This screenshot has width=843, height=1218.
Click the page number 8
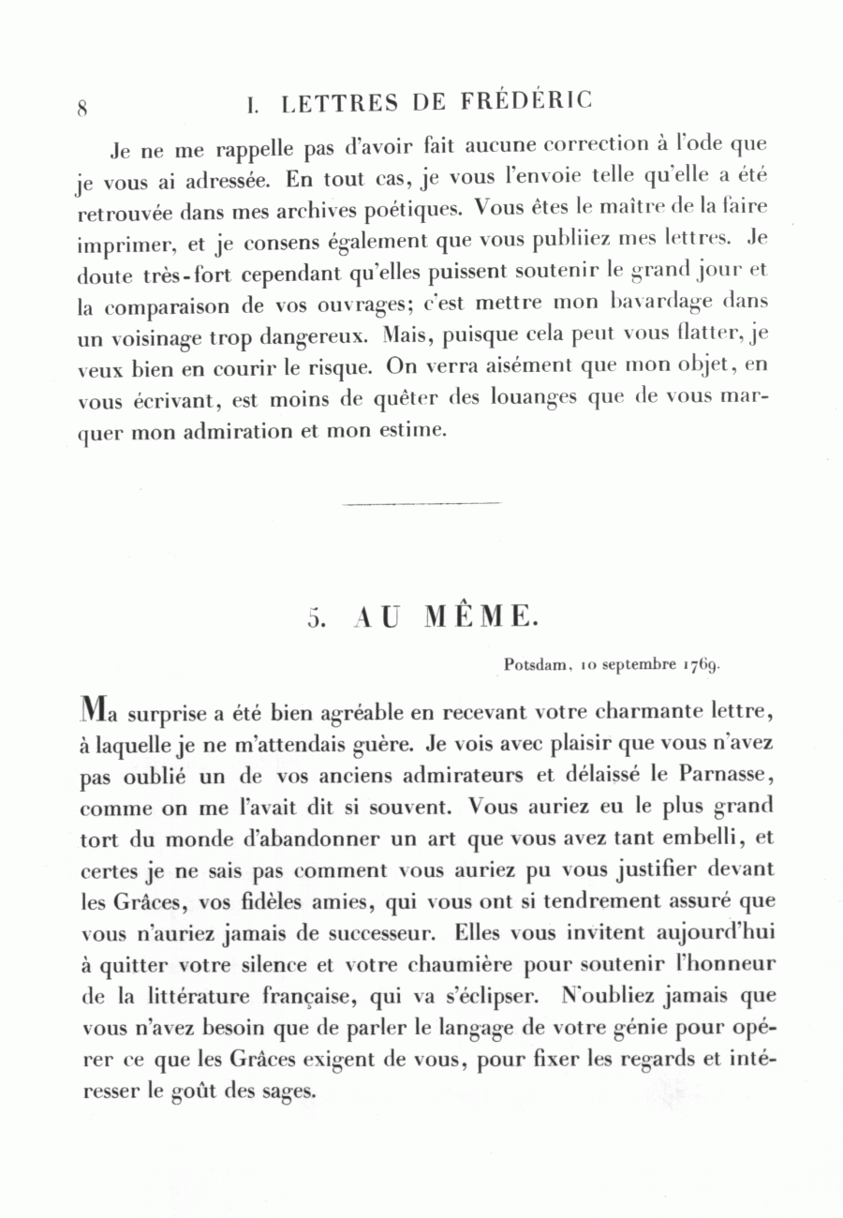(82, 107)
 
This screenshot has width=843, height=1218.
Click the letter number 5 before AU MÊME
(315, 619)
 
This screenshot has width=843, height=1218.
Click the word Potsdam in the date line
(538, 665)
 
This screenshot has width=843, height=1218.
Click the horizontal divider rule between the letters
(421, 504)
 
